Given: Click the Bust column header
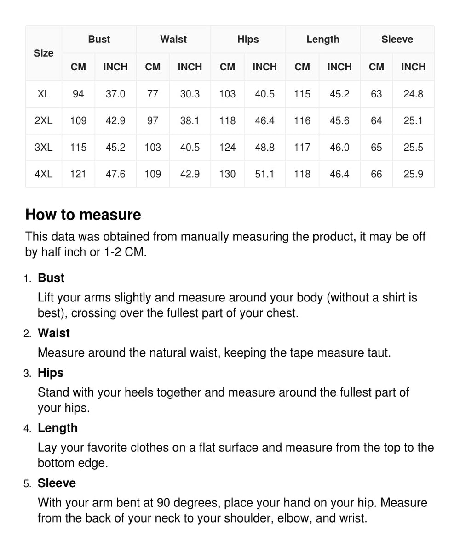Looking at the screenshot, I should click(99, 40).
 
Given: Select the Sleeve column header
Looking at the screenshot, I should click(397, 40).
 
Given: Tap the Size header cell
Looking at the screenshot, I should click(43, 53).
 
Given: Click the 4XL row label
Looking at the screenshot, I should click(43, 174).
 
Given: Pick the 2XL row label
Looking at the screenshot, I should click(43, 121).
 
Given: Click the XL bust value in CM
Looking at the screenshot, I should click(78, 94).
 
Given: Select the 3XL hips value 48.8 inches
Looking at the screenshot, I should click(264, 148).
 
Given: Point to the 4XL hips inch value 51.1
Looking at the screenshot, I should click(264, 174).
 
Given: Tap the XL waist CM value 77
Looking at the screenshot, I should click(153, 94).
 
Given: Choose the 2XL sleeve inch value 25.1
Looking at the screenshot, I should click(413, 121).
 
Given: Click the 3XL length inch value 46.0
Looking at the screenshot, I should click(339, 148).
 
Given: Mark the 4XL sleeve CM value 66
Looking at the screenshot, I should click(376, 174).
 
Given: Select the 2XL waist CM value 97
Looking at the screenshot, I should click(153, 121).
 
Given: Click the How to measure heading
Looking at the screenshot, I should click(83, 215).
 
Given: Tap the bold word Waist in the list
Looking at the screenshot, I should click(54, 333).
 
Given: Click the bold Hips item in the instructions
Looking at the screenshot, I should click(51, 373).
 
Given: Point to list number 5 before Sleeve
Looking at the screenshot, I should click(27, 484).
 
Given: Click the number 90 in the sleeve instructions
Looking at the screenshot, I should click(163, 503).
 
